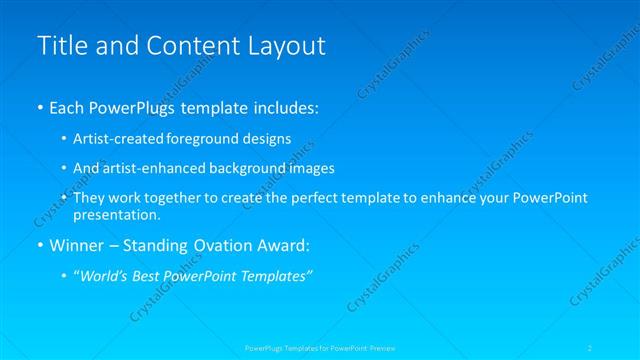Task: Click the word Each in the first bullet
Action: pos(69,107)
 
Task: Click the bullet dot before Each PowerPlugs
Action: pos(40,108)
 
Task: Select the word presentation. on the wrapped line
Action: pos(116,214)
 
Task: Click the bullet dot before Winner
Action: pos(40,245)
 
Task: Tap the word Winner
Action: pos(76,245)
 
